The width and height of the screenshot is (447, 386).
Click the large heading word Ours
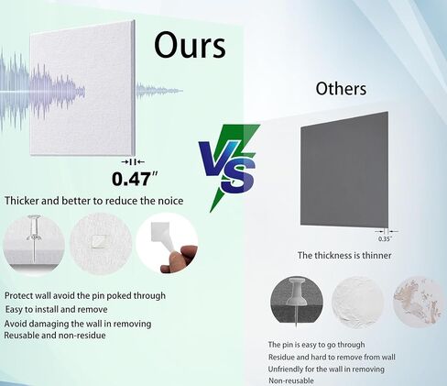(190, 45)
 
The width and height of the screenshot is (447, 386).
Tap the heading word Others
(341, 89)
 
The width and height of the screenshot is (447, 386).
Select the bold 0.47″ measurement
(135, 179)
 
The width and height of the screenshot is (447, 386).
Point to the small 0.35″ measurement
(385, 239)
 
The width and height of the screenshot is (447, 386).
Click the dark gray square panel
(344, 170)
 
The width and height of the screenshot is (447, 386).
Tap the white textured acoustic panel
(82, 88)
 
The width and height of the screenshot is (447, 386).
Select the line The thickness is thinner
(344, 255)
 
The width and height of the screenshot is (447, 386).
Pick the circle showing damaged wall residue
(418, 302)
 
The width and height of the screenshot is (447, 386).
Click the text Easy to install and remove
(56, 309)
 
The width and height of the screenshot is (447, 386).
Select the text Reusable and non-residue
(55, 336)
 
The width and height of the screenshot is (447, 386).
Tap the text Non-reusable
(291, 380)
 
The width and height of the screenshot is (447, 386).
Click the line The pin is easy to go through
(316, 345)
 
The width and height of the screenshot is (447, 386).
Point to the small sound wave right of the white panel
(159, 91)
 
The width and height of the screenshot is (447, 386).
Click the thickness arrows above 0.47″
(133, 162)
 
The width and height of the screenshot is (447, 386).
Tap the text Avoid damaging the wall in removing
(78, 324)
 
